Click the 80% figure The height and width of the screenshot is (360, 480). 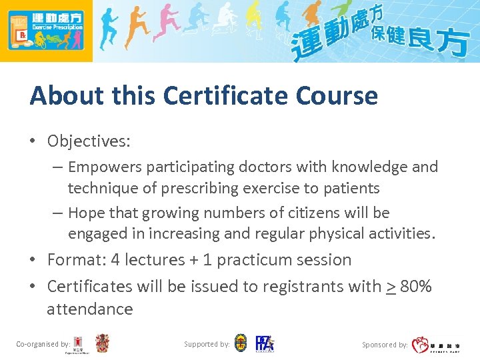click(x=416, y=287)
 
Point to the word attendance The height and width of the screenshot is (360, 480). click(x=89, y=309)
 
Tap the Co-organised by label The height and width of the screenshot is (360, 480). click(x=43, y=344)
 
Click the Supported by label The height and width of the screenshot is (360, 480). click(x=207, y=344)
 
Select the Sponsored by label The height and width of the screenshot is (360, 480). click(x=385, y=345)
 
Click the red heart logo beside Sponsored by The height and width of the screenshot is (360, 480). click(x=420, y=344)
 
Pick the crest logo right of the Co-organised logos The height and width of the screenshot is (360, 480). click(x=102, y=343)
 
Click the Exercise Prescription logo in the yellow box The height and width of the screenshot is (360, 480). click(x=46, y=31)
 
